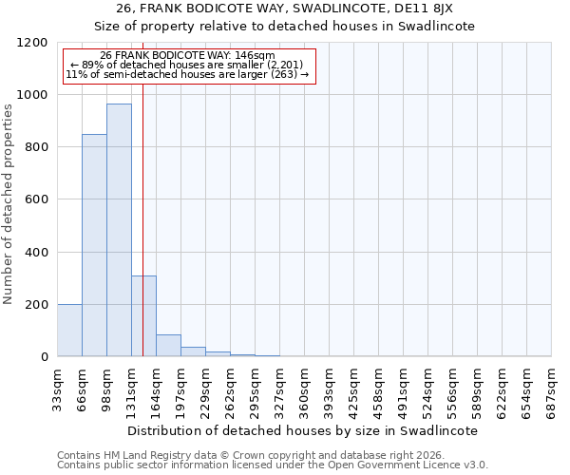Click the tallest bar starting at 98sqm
119,230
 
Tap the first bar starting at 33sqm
69,330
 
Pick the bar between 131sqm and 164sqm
143,315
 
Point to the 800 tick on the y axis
38,147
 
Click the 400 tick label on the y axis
38,253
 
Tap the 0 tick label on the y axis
44,357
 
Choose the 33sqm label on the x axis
57,388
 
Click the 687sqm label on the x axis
551,388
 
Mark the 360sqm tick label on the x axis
304,388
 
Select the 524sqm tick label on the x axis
427,388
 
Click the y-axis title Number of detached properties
9,204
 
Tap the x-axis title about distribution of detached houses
304,430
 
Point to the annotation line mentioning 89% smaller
187,66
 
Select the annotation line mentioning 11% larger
187,75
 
